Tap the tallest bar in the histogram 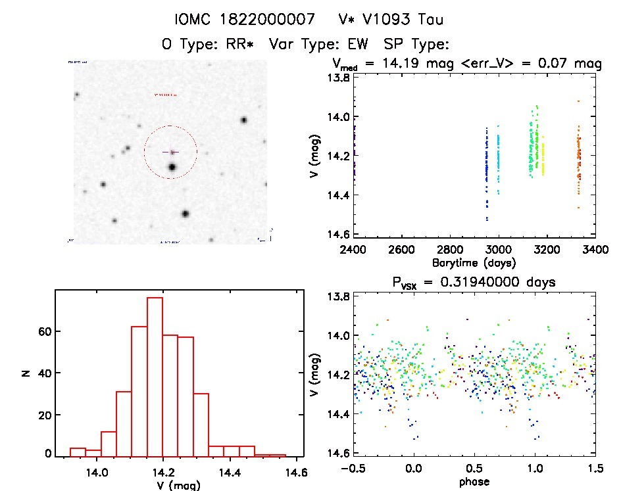155,375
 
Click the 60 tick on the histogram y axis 43,332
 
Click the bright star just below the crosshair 172,168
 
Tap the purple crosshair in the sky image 170,152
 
